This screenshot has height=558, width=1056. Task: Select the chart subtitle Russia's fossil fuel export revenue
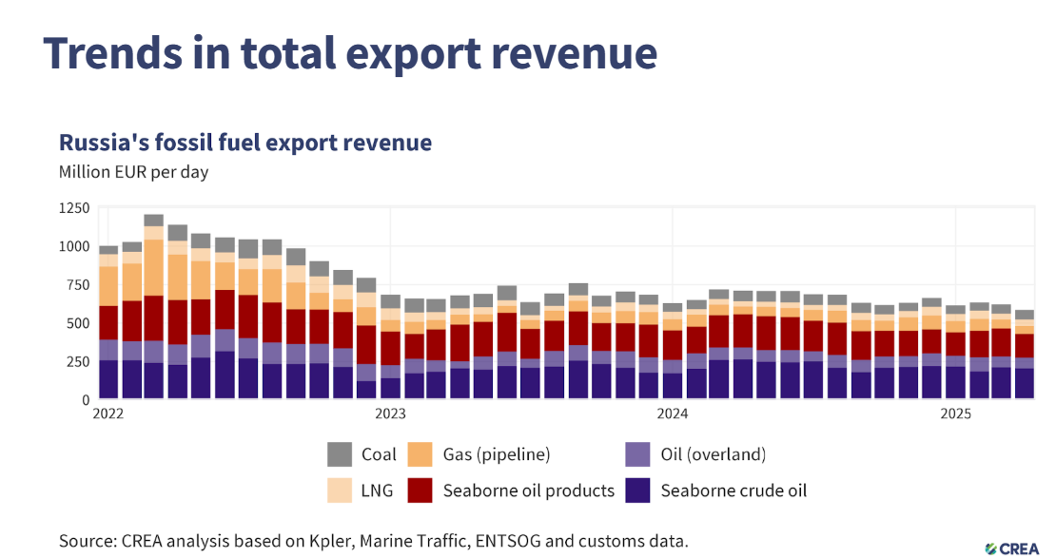coord(245,143)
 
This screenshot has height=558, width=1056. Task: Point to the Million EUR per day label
coord(133,172)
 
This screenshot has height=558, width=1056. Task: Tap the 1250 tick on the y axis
coord(74,207)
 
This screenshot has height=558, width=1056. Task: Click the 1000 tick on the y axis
coord(74,246)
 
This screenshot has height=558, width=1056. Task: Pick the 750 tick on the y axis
coord(78,284)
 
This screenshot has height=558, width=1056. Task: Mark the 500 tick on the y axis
coord(78,323)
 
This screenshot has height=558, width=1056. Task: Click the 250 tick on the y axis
coord(78,361)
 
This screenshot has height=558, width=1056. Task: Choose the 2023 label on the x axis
coord(390,414)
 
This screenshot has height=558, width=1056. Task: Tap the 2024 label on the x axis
coord(673,414)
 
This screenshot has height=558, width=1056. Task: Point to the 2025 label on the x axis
coord(955,414)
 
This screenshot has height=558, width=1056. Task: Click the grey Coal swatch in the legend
coord(340,453)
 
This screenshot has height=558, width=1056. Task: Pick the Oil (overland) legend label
coord(713,454)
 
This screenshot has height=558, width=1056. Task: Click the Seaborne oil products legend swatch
coord(420,491)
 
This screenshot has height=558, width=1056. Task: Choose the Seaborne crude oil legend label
coord(733,491)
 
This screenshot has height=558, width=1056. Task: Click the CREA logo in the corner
coord(1018,548)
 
